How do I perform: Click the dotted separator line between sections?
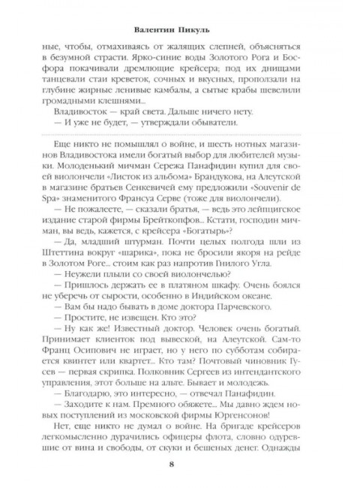click(180, 135)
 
